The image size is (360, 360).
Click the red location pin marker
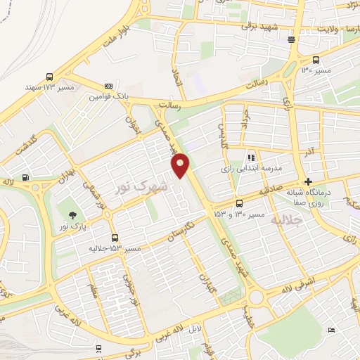click(x=181, y=165)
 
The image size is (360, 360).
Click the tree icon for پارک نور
click(x=72, y=212)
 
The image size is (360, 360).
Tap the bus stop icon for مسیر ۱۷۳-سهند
click(x=49, y=77)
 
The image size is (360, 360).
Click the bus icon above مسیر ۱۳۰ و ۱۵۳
click(x=239, y=203)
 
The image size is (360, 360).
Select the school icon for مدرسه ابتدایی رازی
click(x=252, y=157)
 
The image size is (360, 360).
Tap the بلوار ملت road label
click(x=115, y=35)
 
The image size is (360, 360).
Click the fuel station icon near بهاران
click(x=26, y=177)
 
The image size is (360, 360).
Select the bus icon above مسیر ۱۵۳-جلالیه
click(x=115, y=237)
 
